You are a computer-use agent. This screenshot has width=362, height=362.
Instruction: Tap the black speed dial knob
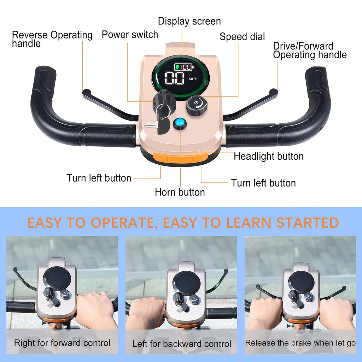(197, 105)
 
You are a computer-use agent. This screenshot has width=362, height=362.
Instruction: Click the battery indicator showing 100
(184, 67)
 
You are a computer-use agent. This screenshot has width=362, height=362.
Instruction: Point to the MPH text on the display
(193, 79)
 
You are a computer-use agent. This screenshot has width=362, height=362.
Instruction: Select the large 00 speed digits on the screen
(175, 78)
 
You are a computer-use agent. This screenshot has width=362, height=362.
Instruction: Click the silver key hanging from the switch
(151, 125)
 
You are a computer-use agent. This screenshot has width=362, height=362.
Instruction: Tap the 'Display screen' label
(189, 21)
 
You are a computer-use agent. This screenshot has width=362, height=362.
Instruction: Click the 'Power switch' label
(130, 35)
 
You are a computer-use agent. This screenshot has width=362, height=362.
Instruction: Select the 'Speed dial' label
(242, 37)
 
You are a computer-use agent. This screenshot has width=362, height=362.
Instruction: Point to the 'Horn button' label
(180, 192)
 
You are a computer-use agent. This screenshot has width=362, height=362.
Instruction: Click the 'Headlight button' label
(269, 156)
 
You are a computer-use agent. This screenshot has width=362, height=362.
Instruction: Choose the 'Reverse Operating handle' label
(52, 39)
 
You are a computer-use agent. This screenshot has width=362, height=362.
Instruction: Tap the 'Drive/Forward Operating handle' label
(310, 51)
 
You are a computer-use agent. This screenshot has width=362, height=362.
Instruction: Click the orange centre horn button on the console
(180, 159)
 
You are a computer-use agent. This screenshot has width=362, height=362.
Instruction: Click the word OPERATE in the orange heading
(122, 223)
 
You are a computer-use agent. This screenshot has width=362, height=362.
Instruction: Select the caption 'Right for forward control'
(62, 343)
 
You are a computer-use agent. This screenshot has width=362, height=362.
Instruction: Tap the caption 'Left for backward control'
(182, 344)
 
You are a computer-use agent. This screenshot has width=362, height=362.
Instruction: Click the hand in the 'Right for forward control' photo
(96, 309)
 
